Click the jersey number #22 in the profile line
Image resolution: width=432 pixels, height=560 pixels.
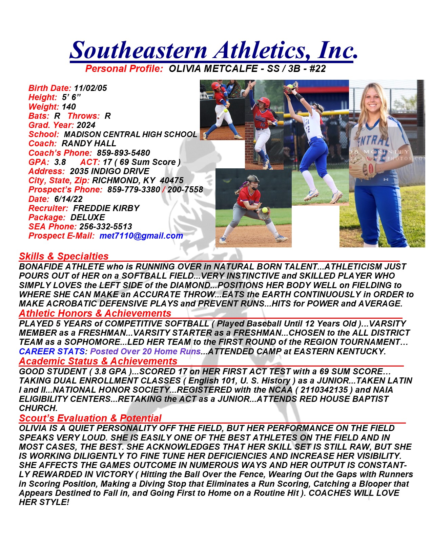point(317,69)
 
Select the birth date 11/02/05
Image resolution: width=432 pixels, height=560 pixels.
point(90,88)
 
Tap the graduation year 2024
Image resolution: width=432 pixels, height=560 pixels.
point(86,125)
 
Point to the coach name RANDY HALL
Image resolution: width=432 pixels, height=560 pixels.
point(89,144)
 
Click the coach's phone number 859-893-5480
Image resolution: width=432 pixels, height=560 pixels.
point(123,153)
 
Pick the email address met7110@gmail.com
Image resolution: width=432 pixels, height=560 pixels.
point(141,236)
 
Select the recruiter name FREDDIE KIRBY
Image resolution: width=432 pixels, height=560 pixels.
point(106,208)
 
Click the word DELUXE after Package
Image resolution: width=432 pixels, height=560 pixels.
point(88,218)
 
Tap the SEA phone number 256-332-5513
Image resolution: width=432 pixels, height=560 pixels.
point(106,227)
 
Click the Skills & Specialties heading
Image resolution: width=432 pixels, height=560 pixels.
point(64,256)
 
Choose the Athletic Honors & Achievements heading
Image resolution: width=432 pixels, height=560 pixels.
point(95,313)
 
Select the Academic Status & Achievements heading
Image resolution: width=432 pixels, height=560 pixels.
point(98,361)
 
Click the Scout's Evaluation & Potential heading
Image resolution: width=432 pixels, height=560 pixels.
point(90,418)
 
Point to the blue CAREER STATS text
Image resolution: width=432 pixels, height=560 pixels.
point(52,352)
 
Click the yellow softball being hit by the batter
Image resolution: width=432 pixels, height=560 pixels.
point(225,110)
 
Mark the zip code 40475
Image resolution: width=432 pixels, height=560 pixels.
point(171,181)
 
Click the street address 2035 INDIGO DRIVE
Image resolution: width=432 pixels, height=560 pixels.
point(109,171)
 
